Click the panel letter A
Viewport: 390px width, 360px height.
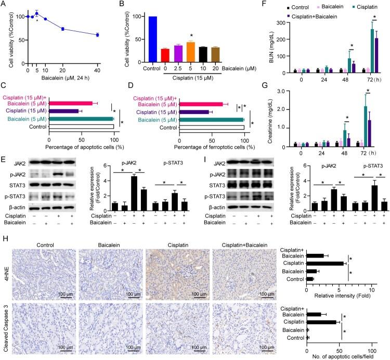[x=4, y=5]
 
